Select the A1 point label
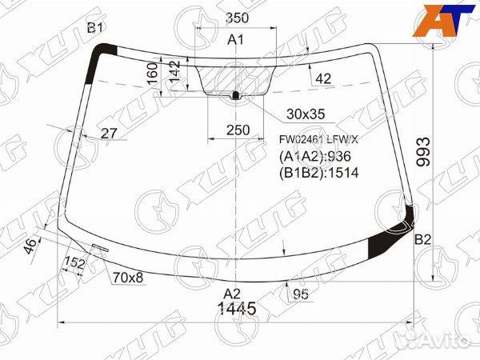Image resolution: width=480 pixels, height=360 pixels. coord(236,40)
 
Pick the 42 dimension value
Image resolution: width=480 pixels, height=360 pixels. coord(323,78)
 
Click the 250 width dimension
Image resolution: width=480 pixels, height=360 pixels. coord(237,130)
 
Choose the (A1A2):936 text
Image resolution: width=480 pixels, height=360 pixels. coord(314,156)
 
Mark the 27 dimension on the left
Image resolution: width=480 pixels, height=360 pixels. coord(110,134)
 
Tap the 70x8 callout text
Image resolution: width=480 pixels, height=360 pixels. coord(127,278)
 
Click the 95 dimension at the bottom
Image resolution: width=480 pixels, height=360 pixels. coord(300,294)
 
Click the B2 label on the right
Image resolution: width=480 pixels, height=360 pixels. coord(422,239)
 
